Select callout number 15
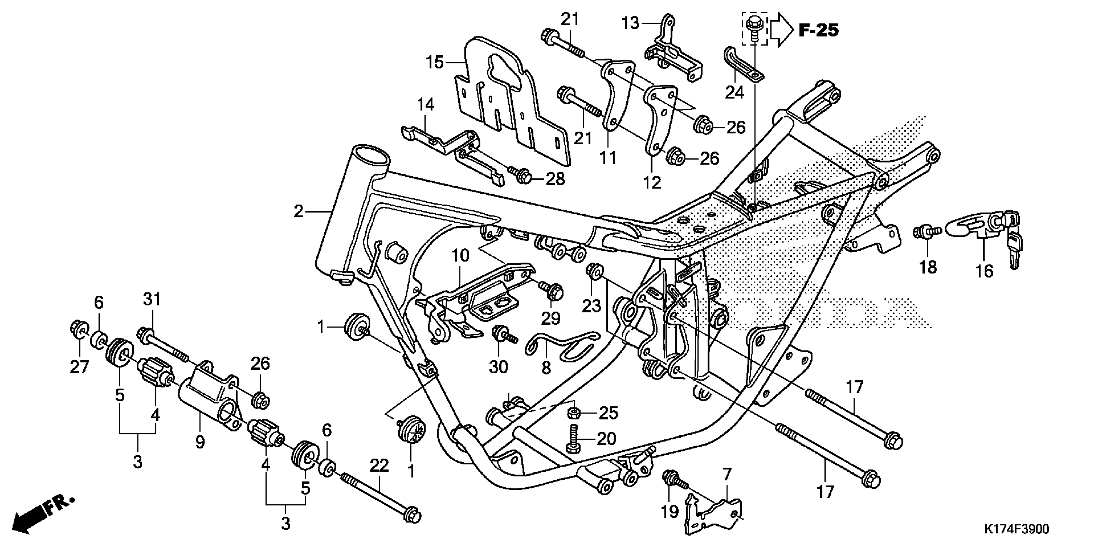click(434, 62)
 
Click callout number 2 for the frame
click(299, 211)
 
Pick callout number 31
click(152, 300)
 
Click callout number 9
click(199, 442)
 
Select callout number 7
click(727, 474)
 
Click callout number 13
click(631, 23)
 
